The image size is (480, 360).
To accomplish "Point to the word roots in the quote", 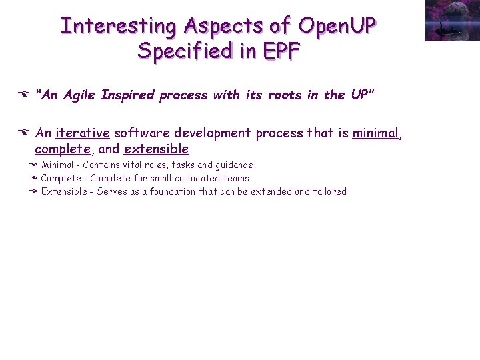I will [285, 95].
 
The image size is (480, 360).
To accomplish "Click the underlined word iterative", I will [82, 133].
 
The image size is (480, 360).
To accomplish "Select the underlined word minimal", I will [376, 133].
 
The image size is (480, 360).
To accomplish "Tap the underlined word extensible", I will [156, 149].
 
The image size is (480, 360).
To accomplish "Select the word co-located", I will [197, 178].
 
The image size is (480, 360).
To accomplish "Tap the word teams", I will [237, 178].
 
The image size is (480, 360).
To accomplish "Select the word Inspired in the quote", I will [125, 95].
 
